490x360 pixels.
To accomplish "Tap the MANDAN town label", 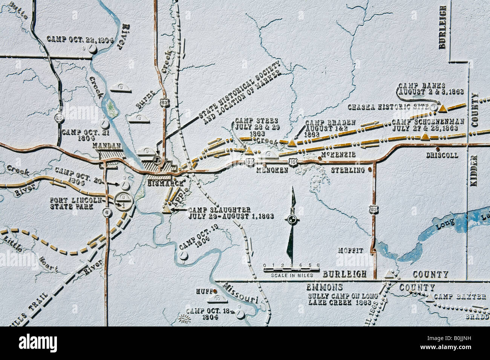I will point(108,146).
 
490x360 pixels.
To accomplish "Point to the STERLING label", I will point(348,170).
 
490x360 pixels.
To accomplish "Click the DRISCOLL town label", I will point(442,155).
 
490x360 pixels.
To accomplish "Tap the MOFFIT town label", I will point(351,250).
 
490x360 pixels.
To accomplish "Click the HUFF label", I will point(204,291).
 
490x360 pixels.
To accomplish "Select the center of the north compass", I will point(292,219).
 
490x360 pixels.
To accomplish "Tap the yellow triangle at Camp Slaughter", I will point(167,207).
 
